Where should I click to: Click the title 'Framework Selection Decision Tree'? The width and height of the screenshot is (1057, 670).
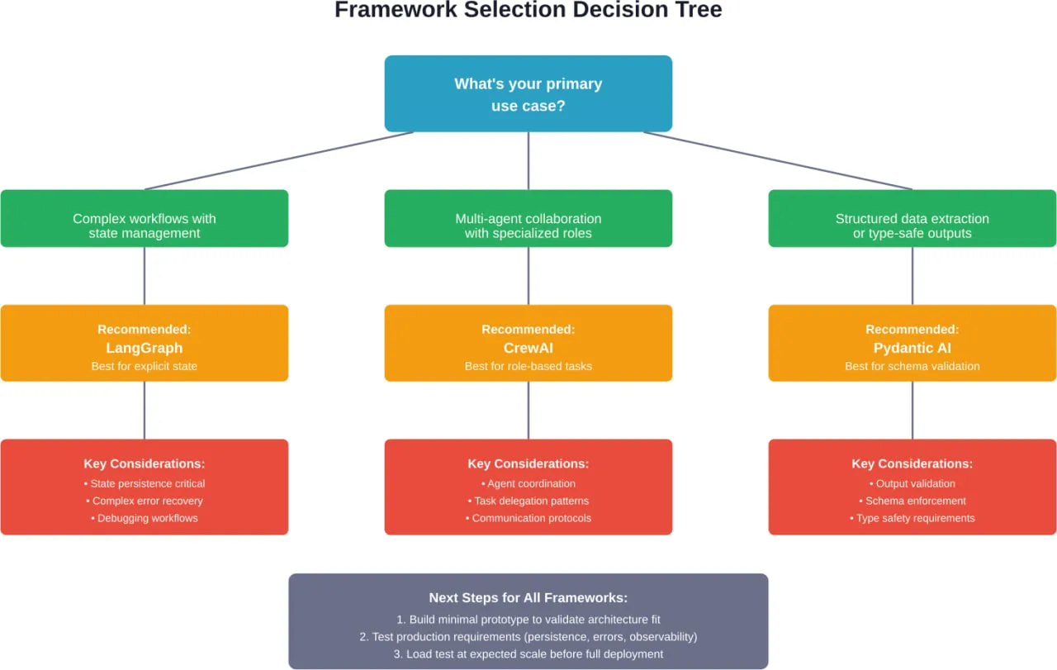point(528,11)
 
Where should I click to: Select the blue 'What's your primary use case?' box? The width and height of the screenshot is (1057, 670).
point(528,94)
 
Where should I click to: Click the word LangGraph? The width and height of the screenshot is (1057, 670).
point(145,348)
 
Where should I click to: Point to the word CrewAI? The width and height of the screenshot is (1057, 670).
point(528,348)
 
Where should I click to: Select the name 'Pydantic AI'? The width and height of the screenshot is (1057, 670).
point(912,348)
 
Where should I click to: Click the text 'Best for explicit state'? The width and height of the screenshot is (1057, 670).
point(145,366)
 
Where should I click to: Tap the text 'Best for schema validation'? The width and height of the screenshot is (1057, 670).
point(912,366)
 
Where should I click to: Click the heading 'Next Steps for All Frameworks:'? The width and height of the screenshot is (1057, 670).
point(528,598)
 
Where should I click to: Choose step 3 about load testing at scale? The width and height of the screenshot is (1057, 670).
point(528,654)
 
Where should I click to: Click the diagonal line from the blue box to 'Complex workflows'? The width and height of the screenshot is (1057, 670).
point(279,161)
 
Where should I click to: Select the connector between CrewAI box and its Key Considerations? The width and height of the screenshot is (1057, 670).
point(528,411)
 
